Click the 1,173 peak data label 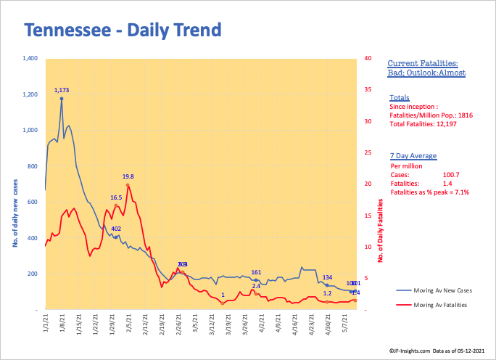tap(62, 90)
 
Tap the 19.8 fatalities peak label tap(128, 176)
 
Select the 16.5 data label tap(116, 197)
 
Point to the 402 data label tap(116, 229)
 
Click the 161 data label tap(256, 272)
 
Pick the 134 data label tap(327, 278)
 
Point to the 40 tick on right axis tap(369, 58)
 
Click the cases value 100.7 tap(453, 175)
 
